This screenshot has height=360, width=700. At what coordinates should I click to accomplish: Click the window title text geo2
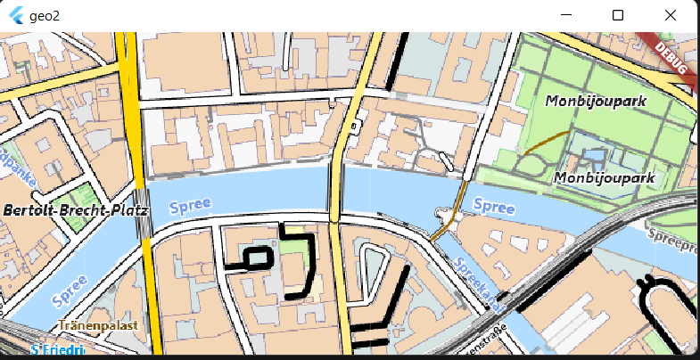click(x=44, y=16)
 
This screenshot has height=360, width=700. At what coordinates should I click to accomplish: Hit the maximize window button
click(x=617, y=15)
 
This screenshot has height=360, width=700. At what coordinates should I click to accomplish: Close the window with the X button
click(x=671, y=15)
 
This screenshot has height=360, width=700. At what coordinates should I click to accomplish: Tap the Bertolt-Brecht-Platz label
click(x=75, y=210)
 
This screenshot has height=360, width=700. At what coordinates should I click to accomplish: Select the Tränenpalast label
click(x=98, y=325)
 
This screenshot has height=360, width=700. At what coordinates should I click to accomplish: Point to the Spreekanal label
click(x=478, y=285)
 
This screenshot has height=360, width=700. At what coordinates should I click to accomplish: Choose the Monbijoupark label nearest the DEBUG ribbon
click(x=595, y=101)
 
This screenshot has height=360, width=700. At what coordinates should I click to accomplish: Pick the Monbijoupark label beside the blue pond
click(x=605, y=178)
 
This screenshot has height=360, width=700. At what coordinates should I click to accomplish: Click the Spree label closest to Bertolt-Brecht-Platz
click(x=190, y=204)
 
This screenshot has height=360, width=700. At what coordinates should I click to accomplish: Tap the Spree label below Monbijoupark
click(x=493, y=207)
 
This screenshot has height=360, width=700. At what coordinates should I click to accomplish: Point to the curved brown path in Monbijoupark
click(x=546, y=143)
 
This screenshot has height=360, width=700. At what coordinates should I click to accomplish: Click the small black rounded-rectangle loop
click(x=256, y=258)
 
